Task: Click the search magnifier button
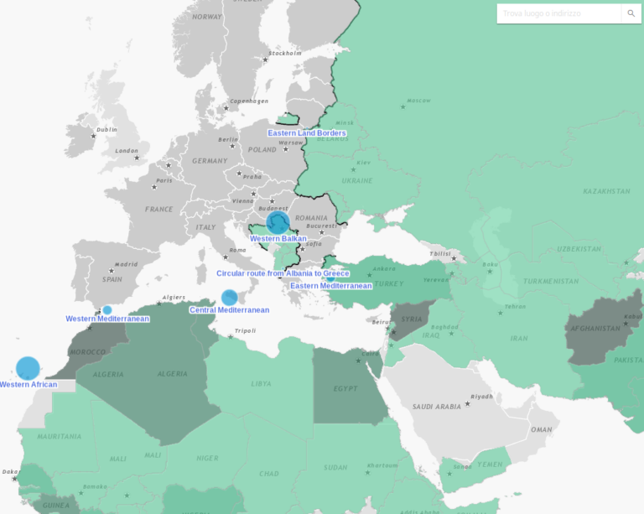tap(631, 13)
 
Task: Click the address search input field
tap(558, 13)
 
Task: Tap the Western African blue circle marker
tap(28, 368)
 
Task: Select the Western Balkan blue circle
tap(278, 222)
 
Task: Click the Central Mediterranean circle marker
tap(229, 297)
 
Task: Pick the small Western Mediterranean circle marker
tap(106, 309)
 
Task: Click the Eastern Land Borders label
tap(306, 133)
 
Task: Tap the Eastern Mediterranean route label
tap(330, 286)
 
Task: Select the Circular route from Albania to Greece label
tap(283, 273)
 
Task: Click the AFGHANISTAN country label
tap(594, 329)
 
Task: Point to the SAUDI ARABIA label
tap(437, 407)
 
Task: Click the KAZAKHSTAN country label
tap(606, 191)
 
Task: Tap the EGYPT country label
tap(345, 388)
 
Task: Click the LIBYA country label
tap(261, 384)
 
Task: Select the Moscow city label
tap(418, 101)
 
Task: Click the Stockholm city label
tap(284, 54)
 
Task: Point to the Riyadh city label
tap(481, 397)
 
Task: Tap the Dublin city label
tap(106, 130)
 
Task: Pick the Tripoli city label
tap(245, 330)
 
